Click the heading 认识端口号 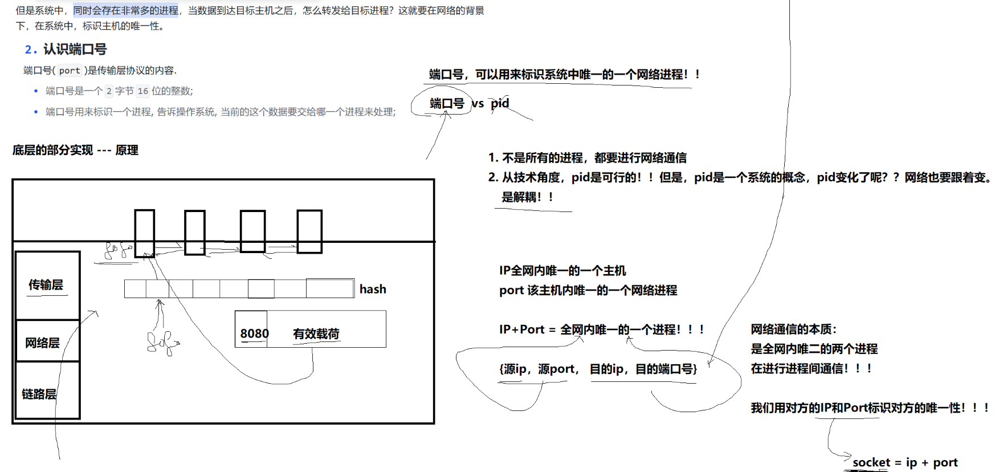tap(75, 50)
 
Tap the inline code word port tap(70, 71)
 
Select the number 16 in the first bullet tap(143, 91)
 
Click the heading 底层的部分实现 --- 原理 tap(75, 150)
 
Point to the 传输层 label tap(46, 285)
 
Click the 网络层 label tap(42, 343)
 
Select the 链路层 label tap(39, 394)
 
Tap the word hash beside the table tap(373, 290)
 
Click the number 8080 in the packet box tap(254, 333)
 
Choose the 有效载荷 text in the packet tap(316, 334)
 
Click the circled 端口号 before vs tap(447, 104)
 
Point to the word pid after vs tap(500, 103)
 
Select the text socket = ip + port tap(905, 463)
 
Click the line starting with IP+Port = tap(602, 329)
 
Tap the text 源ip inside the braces tap(515, 369)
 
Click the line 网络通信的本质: tap(793, 329)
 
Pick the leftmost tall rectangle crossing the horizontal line tap(145, 233)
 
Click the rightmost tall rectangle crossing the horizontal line tap(309, 231)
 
